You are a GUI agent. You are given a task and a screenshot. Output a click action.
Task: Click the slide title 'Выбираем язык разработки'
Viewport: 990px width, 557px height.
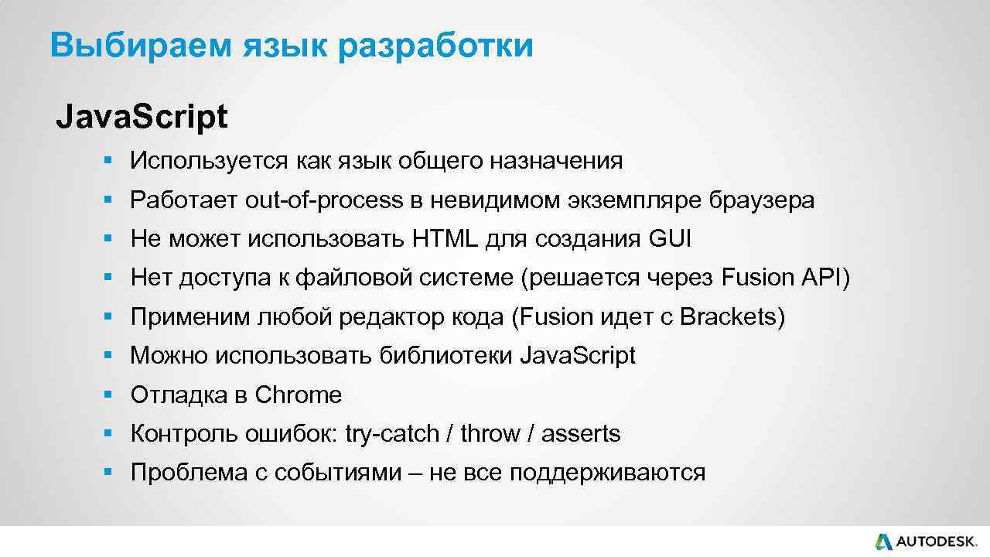pos(291,46)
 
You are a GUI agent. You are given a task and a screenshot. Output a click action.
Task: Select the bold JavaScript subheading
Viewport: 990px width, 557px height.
pos(142,117)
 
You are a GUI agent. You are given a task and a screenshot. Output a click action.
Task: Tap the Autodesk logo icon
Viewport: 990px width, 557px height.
pos(883,542)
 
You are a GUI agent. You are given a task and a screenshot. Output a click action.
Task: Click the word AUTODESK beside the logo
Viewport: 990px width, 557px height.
pos(937,542)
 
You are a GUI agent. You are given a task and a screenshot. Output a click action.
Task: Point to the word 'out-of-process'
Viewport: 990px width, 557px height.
pos(324,200)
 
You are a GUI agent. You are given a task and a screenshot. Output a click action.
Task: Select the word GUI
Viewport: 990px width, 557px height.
pos(670,239)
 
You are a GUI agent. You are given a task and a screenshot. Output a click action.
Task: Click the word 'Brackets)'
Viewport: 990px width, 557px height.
pos(732,317)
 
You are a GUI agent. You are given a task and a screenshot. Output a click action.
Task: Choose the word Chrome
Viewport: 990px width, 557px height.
pos(298,395)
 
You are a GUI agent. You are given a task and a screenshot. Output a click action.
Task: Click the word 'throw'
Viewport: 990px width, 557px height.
pos(490,434)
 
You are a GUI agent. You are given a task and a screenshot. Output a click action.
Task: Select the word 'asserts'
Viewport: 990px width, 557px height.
pos(581,434)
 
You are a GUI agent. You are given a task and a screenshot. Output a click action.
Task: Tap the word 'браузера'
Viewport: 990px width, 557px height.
pos(761,200)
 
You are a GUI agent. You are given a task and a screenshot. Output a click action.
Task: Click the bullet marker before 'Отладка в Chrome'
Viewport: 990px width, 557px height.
pos(108,395)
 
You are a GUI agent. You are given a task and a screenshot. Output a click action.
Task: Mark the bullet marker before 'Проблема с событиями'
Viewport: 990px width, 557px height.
pos(108,473)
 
